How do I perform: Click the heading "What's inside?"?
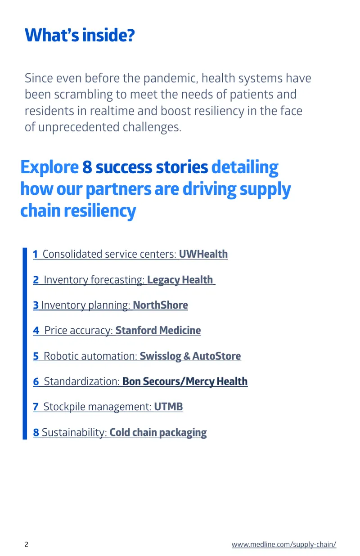pos(80,35)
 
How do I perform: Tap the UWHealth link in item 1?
pos(203,254)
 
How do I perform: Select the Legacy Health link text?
pos(180,280)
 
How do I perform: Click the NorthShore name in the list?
pos(160,305)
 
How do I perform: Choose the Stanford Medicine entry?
pos(158,330)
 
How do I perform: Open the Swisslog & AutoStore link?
pos(190,356)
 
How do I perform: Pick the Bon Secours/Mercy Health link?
pos(185,381)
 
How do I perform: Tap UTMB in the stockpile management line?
pos(168,407)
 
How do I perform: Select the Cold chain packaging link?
pos(158,432)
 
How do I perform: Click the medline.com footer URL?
pos(284,544)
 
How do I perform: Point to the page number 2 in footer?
pos(26,545)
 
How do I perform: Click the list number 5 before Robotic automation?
pos(36,356)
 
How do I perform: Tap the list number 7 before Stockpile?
pos(36,407)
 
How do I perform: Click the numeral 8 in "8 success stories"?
pos(87,167)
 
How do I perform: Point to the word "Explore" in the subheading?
pos(49,167)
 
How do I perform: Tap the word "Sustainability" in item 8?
pos(74,432)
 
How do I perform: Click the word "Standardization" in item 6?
pos(82,381)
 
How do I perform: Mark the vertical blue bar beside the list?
pos(25,343)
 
